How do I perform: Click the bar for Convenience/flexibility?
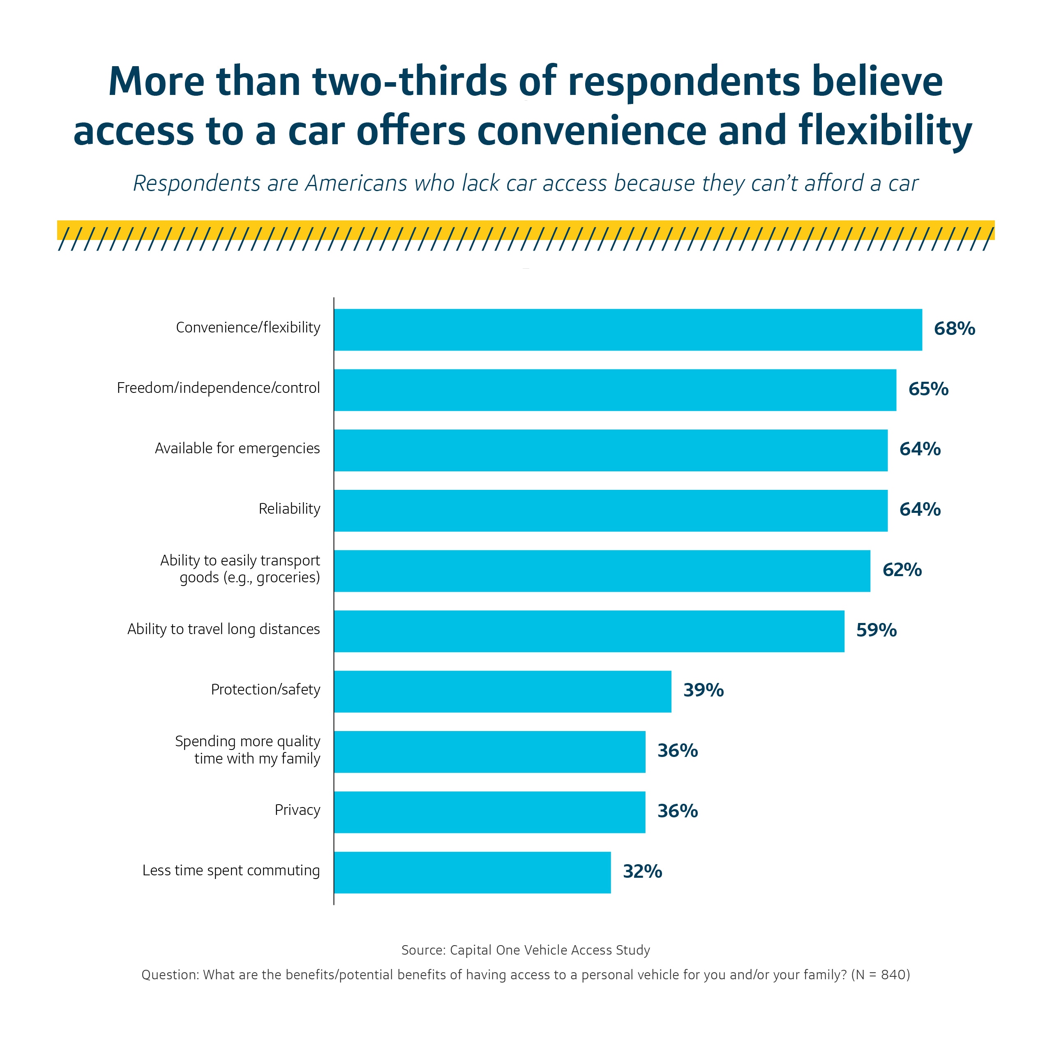628,330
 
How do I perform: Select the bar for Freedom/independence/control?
615,390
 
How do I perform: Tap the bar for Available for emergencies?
610,450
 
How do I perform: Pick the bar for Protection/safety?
503,692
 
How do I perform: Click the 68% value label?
954,329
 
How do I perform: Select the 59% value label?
876,630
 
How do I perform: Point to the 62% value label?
902,570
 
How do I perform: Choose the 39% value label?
704,690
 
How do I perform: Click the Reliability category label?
289,509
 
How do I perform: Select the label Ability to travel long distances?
223,630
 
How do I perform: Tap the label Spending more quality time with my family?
248,750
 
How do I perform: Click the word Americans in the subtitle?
356,184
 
